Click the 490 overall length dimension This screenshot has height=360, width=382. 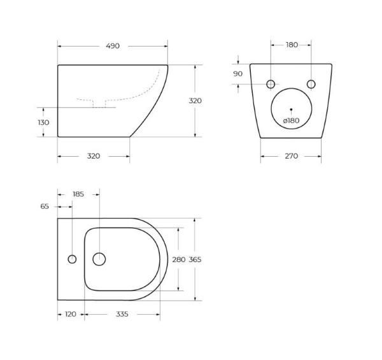click(x=113, y=46)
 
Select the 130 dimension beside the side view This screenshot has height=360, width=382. click(x=43, y=122)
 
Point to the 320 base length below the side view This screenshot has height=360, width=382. click(x=93, y=156)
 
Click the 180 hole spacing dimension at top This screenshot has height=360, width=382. click(x=291, y=45)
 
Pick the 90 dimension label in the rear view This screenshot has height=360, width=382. click(x=238, y=74)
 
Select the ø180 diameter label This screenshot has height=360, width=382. click(x=291, y=120)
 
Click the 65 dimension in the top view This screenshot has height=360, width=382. click(x=45, y=206)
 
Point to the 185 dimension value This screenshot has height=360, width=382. click(x=78, y=193)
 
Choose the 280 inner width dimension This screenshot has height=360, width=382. click(x=179, y=259)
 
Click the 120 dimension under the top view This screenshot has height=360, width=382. click(x=71, y=314)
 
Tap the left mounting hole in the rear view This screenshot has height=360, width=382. click(x=271, y=84)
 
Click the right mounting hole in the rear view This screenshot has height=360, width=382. click(x=311, y=84)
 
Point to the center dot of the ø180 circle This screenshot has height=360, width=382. click(x=291, y=110)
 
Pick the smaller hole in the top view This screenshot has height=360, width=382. click(x=72, y=259)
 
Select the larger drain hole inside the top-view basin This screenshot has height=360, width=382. click(x=99, y=259)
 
